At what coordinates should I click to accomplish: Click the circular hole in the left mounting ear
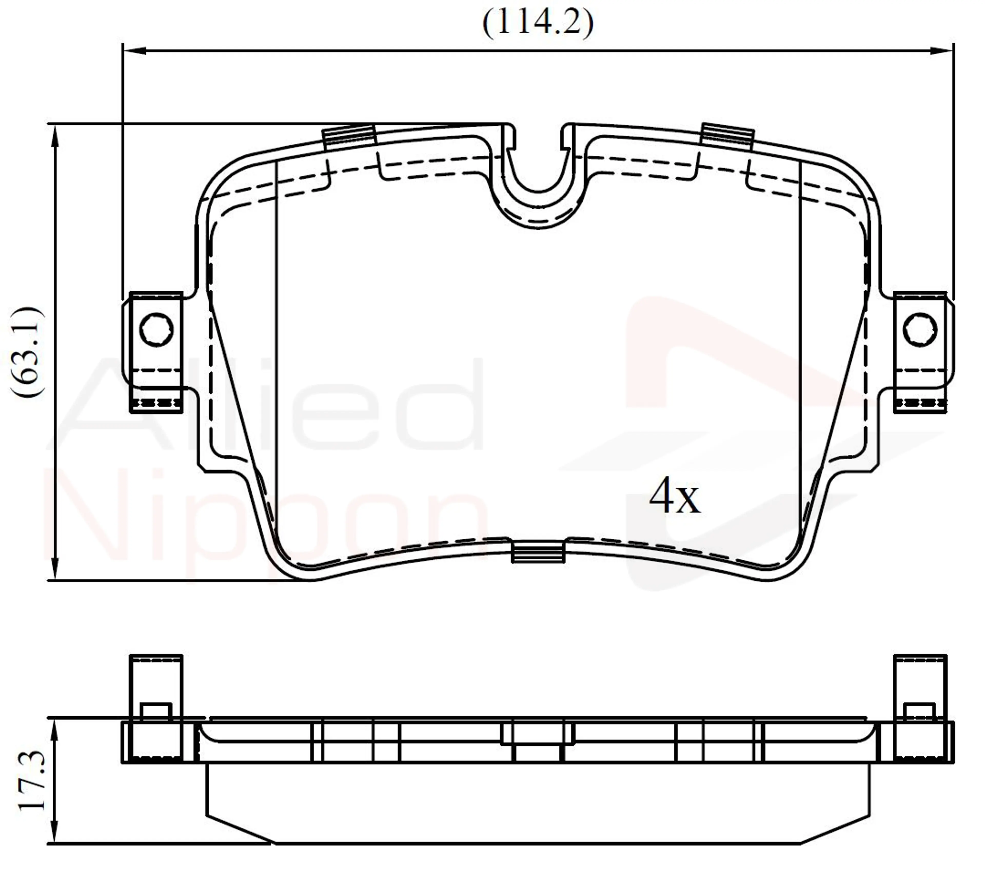point(156,330)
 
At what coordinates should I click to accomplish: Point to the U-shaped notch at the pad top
point(538,183)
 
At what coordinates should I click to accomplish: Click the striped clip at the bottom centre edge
point(538,552)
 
